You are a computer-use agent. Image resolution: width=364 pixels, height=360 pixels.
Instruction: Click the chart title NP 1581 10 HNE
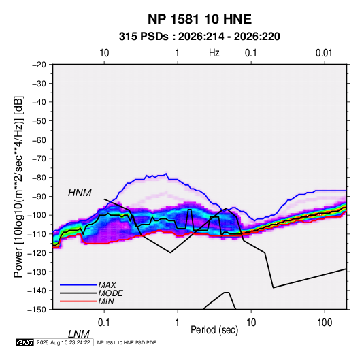coord(199,19)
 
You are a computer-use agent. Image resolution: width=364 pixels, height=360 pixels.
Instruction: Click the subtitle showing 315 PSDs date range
coord(199,37)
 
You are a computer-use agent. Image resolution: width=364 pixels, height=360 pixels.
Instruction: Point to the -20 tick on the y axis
coord(39,65)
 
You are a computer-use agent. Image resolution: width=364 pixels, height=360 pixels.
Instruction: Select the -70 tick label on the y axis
coord(39,159)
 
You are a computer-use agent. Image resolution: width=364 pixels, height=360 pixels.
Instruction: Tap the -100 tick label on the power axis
coord(37,215)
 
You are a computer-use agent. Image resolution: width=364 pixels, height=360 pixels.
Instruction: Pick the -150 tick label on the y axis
coord(37,310)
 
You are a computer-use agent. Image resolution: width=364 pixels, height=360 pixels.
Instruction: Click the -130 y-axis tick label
coord(37,272)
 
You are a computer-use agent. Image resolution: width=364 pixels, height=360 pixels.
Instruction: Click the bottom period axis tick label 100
coord(325,323)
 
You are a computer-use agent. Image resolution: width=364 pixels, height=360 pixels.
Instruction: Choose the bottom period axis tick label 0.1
coord(104,323)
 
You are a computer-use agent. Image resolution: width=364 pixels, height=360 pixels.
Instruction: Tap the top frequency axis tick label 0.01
coord(324,53)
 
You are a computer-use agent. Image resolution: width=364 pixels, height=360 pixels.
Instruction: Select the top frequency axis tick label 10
coord(104,53)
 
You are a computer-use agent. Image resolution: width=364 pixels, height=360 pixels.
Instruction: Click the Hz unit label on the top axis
coord(214,53)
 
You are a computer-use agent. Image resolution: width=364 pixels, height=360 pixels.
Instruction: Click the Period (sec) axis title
coord(214,330)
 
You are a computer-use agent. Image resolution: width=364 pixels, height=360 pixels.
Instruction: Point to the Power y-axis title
coord(19,187)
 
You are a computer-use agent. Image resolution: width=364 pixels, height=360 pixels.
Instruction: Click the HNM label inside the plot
coord(80,193)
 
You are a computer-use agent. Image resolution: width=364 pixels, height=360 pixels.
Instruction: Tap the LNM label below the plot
coord(79,334)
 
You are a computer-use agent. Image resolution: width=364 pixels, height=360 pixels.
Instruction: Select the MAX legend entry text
coord(107,285)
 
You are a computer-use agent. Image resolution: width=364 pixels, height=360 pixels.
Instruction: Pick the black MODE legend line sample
coord(78,293)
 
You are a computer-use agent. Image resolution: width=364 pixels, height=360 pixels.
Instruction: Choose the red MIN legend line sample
coord(78,301)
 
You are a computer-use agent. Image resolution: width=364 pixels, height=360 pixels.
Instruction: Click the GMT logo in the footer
coord(24,342)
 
